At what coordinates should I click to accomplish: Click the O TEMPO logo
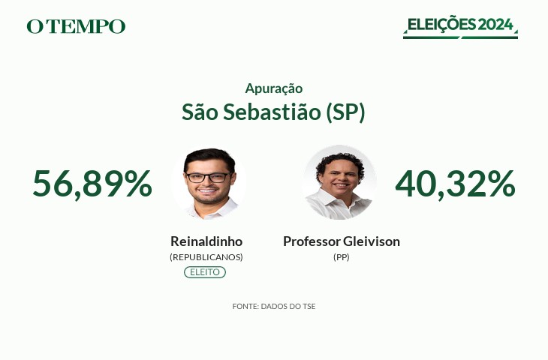pos(76,26)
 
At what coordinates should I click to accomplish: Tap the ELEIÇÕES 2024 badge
pos(460,27)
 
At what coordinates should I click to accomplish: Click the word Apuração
pos(274,88)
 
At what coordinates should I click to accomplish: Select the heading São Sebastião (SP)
pos(273,112)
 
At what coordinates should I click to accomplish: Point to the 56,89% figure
pos(92,184)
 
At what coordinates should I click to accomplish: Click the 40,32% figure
pos(455,184)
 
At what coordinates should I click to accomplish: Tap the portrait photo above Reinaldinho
pos(209,182)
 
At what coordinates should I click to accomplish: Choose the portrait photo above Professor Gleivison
pos(339,182)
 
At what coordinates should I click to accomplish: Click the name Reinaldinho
pos(206,241)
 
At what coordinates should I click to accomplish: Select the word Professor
pos(312,241)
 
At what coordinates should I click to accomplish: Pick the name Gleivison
pos(372,241)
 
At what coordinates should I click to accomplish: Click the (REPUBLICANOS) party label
pos(206,257)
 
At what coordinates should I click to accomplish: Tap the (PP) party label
pos(342,257)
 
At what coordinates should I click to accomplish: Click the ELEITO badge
pos(205,272)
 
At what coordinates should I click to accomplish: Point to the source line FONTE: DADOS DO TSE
pos(274,307)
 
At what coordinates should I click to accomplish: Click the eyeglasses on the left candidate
pos(208,178)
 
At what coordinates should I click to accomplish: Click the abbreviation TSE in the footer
pos(309,307)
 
